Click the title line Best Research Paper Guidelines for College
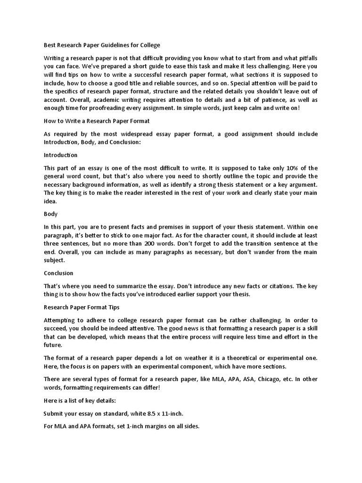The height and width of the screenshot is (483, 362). pos(102,45)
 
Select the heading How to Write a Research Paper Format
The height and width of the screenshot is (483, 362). pos(97,121)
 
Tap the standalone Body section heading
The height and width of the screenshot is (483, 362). pos(50,214)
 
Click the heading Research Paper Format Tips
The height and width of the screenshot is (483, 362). pos(82,307)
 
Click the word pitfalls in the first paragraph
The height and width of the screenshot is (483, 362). pos(306,58)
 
